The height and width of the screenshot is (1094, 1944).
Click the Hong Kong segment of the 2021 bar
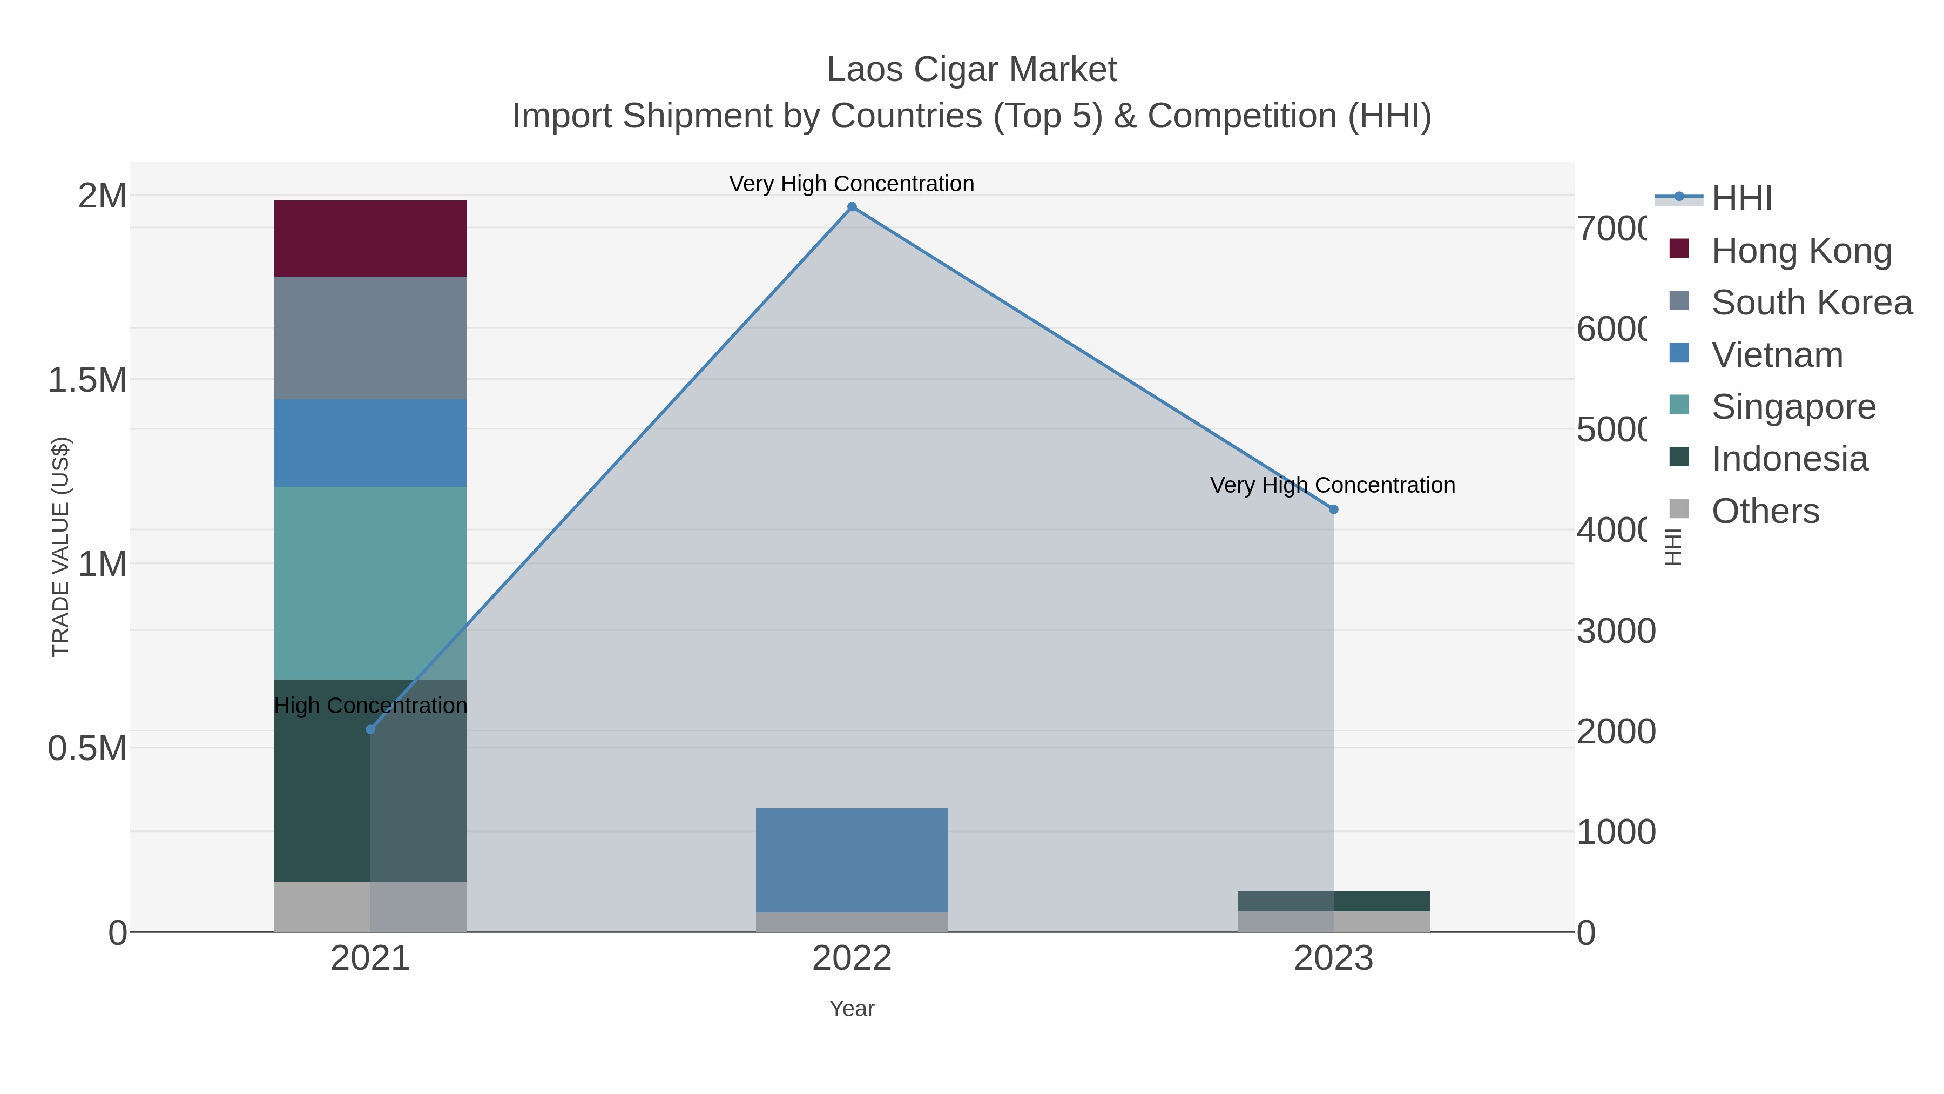370,239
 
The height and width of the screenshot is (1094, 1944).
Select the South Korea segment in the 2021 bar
370,338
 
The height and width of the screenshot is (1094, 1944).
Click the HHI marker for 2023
1333,509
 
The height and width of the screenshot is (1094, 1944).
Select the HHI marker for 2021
370,729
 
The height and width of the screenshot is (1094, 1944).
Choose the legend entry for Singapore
1793,407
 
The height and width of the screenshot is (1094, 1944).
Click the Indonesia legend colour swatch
1679,457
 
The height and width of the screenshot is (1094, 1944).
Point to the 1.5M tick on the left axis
87,380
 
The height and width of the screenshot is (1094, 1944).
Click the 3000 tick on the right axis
1615,631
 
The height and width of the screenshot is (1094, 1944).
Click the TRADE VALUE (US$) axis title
60,547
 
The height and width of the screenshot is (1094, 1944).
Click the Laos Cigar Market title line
971,70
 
